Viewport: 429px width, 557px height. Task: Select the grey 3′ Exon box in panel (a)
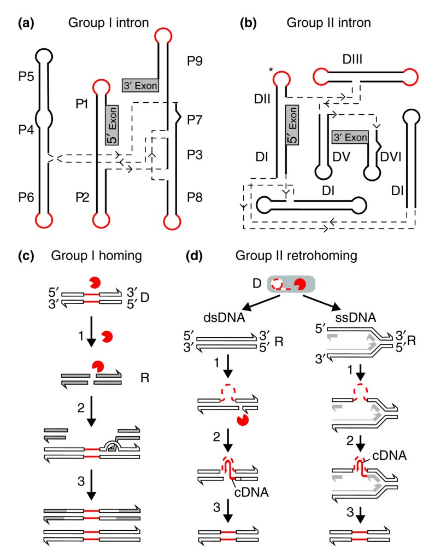(140, 85)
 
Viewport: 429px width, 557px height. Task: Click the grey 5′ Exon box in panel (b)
(292, 127)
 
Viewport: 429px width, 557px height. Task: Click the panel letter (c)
(26, 256)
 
